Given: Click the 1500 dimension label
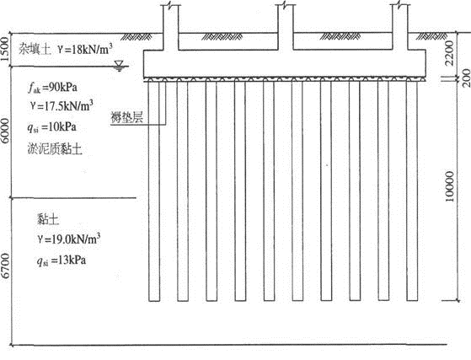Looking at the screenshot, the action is [5, 49].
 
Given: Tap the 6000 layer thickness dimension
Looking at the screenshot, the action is [5, 132].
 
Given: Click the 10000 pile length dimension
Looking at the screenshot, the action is [449, 186].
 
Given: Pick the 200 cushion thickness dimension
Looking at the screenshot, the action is [466, 78].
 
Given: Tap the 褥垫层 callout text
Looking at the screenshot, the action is [126, 117].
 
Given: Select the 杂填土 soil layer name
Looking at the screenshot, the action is [35, 49].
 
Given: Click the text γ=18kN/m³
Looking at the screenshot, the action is [86, 49].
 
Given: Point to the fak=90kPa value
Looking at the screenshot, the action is [52, 88].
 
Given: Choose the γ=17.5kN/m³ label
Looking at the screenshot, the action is [62, 105].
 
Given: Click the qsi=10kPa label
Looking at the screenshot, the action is [51, 127].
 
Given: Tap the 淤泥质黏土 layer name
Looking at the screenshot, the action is [55, 149].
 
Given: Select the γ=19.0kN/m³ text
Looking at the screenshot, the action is [69, 239].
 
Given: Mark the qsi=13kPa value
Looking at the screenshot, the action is [62, 261].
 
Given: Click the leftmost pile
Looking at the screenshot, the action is [154, 191].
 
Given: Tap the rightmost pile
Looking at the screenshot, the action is [412, 191].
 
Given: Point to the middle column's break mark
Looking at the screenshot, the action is [285, 5].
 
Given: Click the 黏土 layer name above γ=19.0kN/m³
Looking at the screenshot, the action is [48, 219].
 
